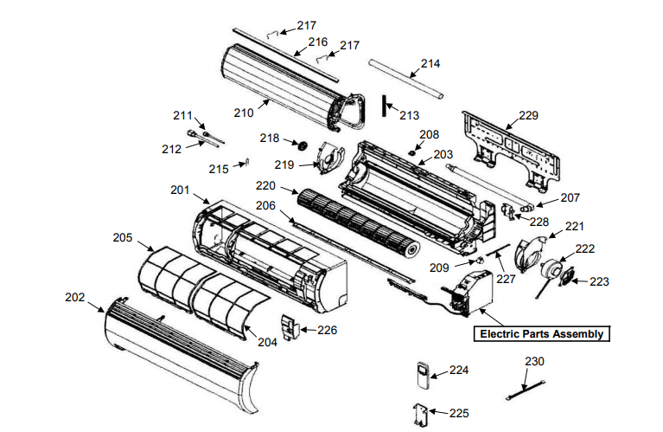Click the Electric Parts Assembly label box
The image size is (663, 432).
click(541, 333)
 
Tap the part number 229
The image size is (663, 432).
click(528, 115)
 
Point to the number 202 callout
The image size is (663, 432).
click(76, 297)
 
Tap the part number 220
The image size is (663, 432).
click(265, 185)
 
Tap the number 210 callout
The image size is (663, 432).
click(243, 112)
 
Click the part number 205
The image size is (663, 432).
click(123, 236)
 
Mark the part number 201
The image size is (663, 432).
click(181, 190)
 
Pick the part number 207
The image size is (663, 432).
click(571, 197)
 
